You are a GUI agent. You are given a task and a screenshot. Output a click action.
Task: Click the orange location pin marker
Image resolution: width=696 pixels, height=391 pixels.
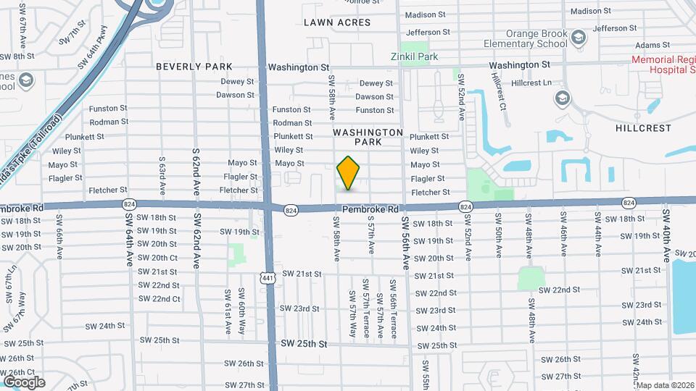coord(349,173)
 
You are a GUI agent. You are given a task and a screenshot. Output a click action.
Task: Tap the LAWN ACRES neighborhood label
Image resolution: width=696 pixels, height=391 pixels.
coord(337,22)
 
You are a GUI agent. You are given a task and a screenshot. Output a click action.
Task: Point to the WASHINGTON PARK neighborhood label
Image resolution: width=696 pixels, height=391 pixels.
coord(368,138)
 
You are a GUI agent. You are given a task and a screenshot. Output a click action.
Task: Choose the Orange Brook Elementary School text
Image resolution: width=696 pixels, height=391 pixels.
coord(526,38)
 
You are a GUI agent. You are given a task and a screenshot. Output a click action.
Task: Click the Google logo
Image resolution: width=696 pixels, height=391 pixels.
coord(24,382)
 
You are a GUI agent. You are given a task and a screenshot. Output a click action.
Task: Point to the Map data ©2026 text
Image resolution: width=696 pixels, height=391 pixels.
coord(665,385)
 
